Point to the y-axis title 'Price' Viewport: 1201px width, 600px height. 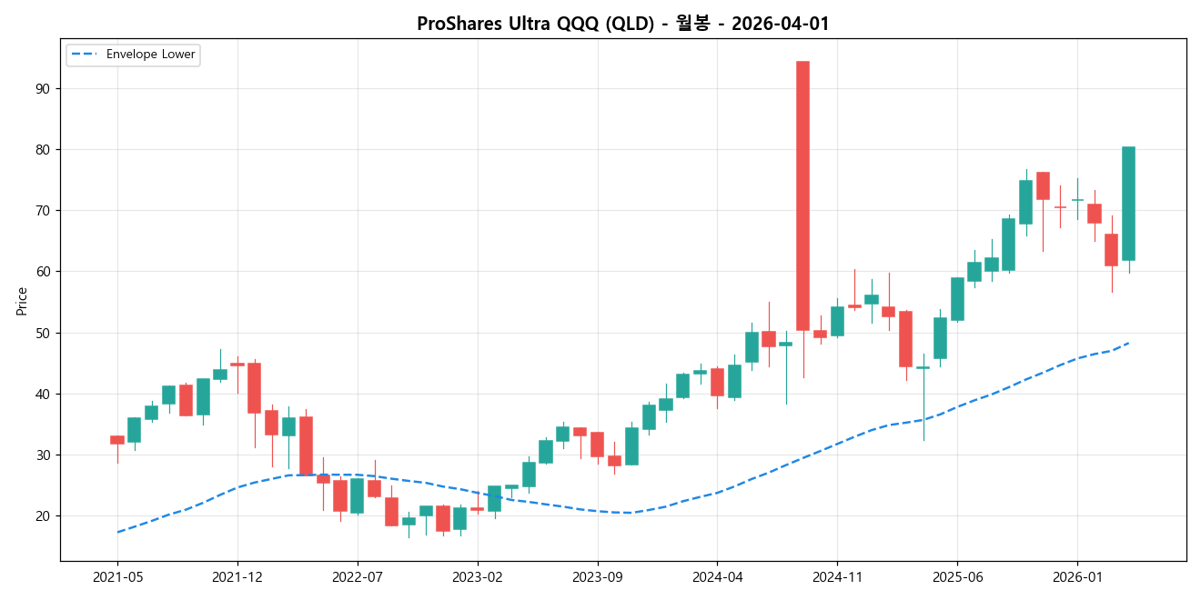(22, 301)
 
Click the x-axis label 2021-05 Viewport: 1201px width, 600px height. (117, 576)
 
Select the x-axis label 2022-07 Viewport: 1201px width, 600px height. (358, 576)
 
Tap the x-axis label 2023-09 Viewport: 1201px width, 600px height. (598, 576)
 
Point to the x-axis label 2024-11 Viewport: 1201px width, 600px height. (836, 576)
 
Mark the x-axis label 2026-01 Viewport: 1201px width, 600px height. (1077, 576)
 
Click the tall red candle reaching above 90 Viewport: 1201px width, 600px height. (802, 195)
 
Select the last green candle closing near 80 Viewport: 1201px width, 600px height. (1128, 204)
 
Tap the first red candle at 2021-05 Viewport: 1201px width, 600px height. (117, 440)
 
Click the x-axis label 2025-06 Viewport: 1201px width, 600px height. (957, 576)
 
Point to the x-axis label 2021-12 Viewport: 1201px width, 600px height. (237, 576)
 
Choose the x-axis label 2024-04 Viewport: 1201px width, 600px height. (717, 576)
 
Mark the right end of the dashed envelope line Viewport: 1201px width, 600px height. (1128, 343)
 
